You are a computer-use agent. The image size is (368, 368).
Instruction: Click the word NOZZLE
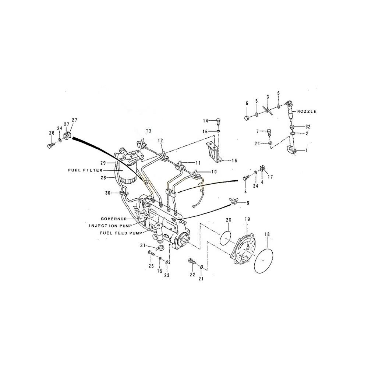tap(307, 111)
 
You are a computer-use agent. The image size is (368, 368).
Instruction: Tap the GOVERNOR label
tap(113, 219)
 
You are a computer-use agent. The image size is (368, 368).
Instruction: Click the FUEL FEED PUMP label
tap(118, 233)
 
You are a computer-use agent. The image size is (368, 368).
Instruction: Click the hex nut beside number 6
tap(247, 118)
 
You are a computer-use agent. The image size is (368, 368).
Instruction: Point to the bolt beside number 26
tap(50, 146)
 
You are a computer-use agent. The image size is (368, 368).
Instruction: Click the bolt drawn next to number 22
tap(191, 262)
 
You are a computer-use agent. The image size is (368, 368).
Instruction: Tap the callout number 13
tap(148, 131)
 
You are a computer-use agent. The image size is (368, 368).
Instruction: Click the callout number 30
tap(107, 192)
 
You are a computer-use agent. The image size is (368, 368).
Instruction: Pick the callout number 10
tap(213, 172)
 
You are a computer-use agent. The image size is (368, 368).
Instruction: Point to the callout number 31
tap(142, 246)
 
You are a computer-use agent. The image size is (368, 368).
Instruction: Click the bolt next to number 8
tap(245, 178)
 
